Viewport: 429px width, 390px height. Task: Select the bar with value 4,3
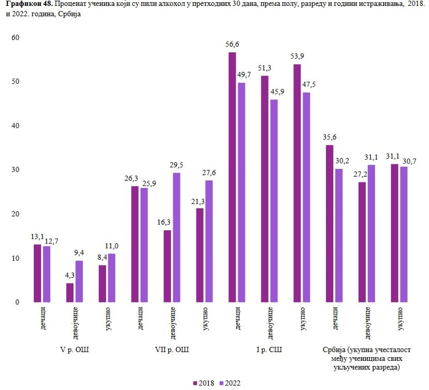[x=69, y=292]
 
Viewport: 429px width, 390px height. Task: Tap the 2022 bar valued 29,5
[x=176, y=237]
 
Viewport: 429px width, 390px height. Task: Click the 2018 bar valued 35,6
[x=330, y=224]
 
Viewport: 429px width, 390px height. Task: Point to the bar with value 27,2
[x=362, y=242]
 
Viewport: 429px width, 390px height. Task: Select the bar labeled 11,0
[x=112, y=278]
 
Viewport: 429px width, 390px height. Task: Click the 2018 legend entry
[x=204, y=383]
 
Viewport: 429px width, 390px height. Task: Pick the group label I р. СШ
[x=269, y=350]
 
